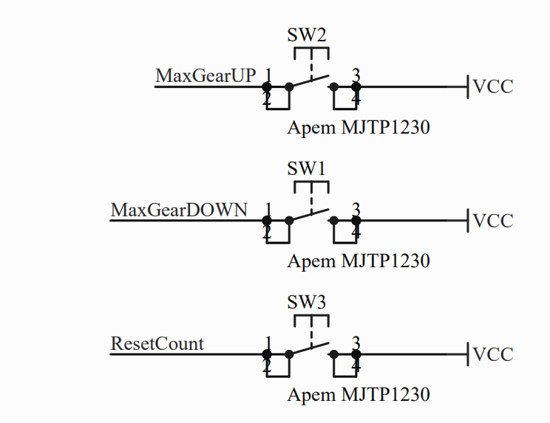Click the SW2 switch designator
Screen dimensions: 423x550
click(x=306, y=35)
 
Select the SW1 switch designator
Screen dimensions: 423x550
click(x=306, y=168)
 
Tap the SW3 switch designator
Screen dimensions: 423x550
click(x=306, y=302)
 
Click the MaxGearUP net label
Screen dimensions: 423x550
click(x=206, y=76)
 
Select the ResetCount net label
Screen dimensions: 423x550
click(x=157, y=343)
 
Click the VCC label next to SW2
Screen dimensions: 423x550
click(x=493, y=87)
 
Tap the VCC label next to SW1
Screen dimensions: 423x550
click(x=493, y=221)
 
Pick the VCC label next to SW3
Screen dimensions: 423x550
click(x=493, y=354)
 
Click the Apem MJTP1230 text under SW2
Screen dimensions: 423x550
click(x=359, y=128)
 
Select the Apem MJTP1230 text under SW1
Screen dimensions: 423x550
click(x=359, y=261)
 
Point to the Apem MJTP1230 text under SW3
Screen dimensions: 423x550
click(x=359, y=394)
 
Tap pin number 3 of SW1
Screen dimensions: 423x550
click(x=356, y=209)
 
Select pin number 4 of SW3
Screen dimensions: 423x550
click(x=356, y=366)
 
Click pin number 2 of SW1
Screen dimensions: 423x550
click(x=268, y=233)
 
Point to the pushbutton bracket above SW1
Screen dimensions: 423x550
click(x=311, y=185)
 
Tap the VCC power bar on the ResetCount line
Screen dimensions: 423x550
click(x=469, y=354)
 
